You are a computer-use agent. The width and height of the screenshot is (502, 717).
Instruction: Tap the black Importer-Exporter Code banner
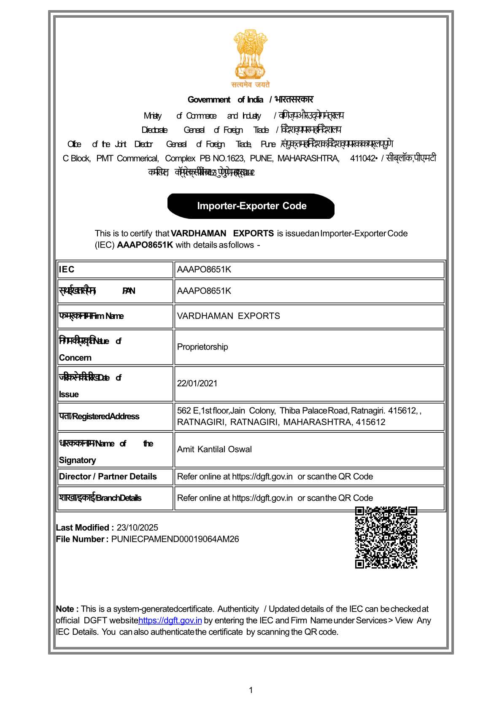[251, 206]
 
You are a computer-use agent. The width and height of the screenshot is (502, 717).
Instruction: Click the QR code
[386, 537]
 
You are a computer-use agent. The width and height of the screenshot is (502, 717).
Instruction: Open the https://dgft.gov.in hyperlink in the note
[170, 620]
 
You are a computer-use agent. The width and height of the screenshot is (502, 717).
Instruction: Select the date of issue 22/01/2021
[197, 383]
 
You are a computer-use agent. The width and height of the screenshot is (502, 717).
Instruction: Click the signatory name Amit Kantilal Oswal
[214, 449]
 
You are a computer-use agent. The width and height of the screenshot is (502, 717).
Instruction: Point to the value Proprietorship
[202, 347]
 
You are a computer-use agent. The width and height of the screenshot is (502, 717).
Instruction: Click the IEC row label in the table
[67, 270]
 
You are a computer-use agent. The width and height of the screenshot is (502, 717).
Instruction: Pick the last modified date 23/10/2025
[138, 528]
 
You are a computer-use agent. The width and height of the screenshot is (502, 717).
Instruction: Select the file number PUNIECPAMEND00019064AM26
[175, 539]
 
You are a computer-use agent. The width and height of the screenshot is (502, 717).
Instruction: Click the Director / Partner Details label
[108, 477]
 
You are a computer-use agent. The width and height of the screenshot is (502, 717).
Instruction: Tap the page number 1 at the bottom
[251, 690]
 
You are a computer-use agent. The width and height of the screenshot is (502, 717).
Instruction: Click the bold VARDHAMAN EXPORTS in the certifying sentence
[222, 233]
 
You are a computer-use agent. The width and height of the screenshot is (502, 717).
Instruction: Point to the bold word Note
[66, 609]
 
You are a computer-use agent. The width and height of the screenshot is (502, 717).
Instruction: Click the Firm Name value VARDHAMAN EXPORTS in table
[228, 316]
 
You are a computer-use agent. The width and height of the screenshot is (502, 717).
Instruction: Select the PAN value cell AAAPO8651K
[204, 291]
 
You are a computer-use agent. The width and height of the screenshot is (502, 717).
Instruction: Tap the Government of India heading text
[225, 100]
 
